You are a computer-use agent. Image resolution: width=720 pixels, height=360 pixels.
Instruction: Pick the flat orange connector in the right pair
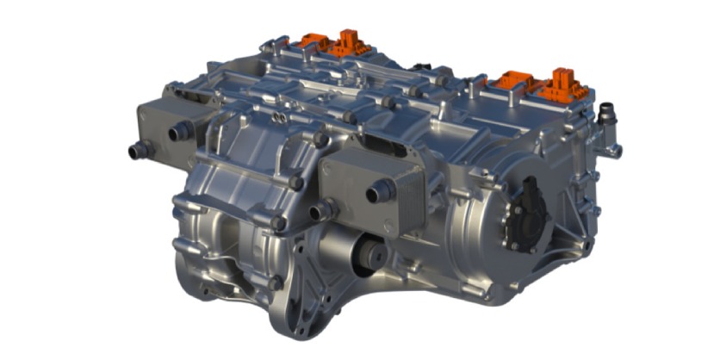[517, 83]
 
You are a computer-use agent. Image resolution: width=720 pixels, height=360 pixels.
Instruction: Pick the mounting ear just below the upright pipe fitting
[614, 151]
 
